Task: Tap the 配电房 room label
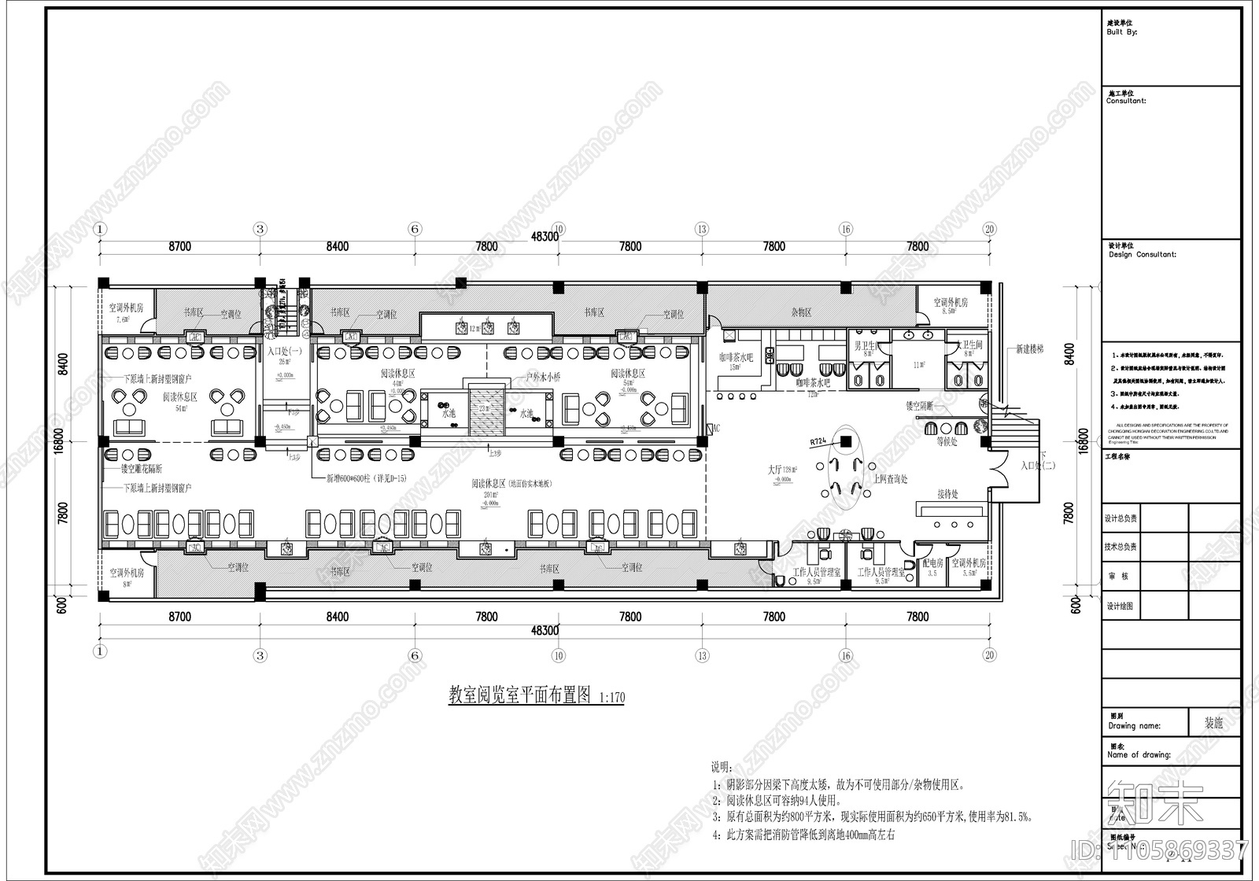tap(932, 563)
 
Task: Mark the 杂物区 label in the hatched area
tap(802, 312)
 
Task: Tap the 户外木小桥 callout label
tap(544, 378)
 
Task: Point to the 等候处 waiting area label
tap(947, 441)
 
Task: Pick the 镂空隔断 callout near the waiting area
tap(919, 406)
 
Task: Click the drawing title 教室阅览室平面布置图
tap(519, 695)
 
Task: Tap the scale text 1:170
tap(611, 698)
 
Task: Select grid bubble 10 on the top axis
tap(558, 229)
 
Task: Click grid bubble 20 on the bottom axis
tap(990, 654)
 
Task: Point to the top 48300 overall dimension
tap(545, 236)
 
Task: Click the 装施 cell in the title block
tap(1213, 723)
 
